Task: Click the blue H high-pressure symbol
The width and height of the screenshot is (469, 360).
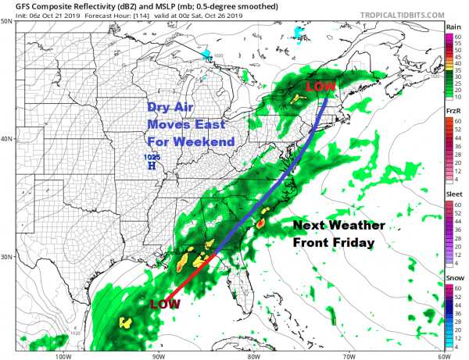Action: [x=151, y=166]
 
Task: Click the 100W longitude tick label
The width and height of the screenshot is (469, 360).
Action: [x=63, y=355]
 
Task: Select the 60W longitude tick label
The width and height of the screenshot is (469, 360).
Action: [x=442, y=355]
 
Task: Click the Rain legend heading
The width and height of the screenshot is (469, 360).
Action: [x=453, y=27]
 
